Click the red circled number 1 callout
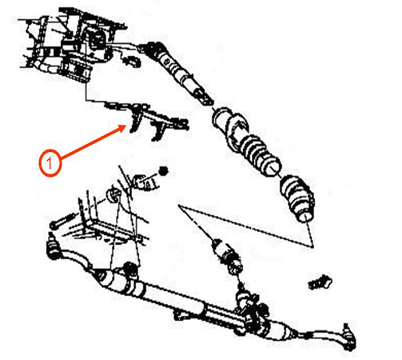(x=50, y=163)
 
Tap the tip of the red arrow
(x=126, y=126)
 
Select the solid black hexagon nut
(x=163, y=171)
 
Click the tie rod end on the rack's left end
(x=54, y=246)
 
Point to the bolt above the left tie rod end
(x=62, y=221)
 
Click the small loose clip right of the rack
(x=320, y=282)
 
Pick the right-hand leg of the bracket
(x=157, y=130)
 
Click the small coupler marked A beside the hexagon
(x=146, y=183)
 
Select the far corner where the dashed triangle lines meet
(x=312, y=246)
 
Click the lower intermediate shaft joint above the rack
(x=229, y=258)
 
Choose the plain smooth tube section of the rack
(x=173, y=295)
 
